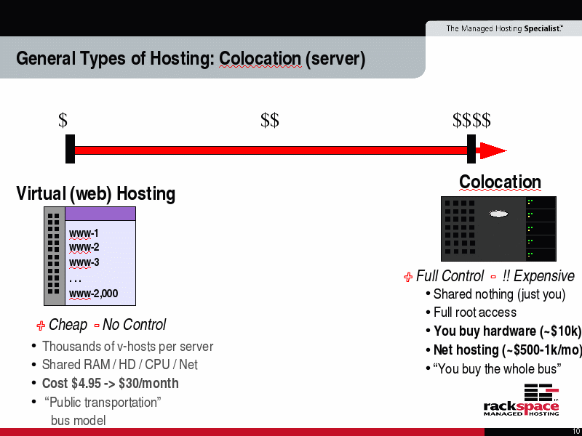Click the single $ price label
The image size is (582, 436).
63,120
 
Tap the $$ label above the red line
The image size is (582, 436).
270,120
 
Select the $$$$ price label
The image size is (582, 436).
471,120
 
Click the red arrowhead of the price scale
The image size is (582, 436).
493,150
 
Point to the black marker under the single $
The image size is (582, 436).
70,149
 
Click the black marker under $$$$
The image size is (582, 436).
471,149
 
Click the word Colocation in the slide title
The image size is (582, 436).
260,59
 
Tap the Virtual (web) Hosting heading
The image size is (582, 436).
96,193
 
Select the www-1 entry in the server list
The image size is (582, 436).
84,233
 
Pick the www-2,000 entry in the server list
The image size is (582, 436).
94,294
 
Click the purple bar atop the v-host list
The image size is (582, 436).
100,214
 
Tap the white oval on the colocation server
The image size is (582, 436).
498,214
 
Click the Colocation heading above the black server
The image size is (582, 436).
500,182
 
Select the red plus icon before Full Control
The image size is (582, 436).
408,277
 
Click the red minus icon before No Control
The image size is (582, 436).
97,326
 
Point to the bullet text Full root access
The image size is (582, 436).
475,312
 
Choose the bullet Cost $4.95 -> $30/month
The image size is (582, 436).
111,383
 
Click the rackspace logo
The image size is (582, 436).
521,400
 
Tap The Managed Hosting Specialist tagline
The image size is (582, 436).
504,28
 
